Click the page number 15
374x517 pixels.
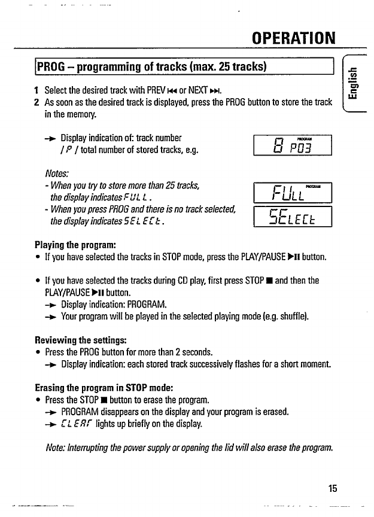point(333,487)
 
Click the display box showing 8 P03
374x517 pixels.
point(293,144)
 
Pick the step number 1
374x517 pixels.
point(37,90)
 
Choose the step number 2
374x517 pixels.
point(37,102)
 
